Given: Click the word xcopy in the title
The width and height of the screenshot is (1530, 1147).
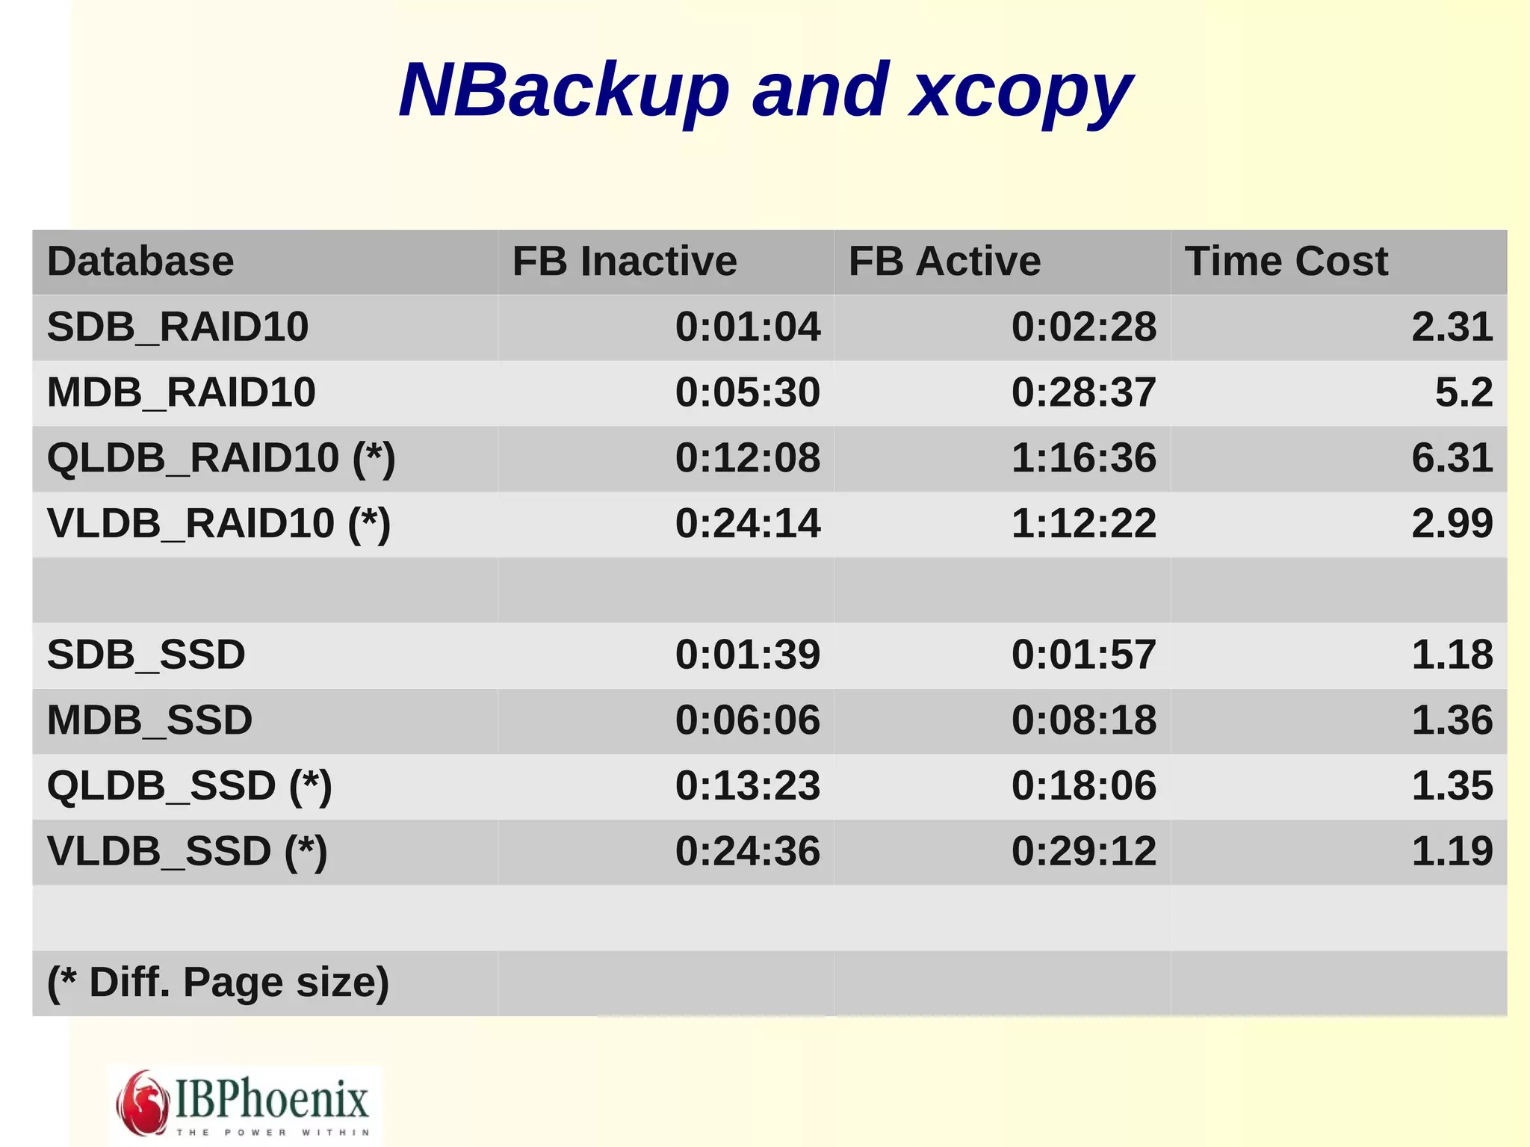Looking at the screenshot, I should (1020, 91).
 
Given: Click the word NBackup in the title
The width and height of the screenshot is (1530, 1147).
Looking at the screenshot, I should (564, 91).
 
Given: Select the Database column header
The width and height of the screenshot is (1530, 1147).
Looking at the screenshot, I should (140, 262).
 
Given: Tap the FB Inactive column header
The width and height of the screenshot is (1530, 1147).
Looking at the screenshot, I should (625, 262).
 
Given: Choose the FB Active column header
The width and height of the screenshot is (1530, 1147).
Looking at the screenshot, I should (944, 262).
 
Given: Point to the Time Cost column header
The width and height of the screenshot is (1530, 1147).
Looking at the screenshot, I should (1286, 262).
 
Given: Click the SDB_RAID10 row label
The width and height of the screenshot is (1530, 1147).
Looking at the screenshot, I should (178, 327).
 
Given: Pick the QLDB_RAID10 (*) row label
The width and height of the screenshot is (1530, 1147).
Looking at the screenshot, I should (221, 457).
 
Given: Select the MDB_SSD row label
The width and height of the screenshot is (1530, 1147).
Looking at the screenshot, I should (149, 720).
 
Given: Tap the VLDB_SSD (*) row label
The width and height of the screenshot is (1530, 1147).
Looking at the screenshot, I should (187, 851).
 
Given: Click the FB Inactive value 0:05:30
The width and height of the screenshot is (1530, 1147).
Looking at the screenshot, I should (747, 392).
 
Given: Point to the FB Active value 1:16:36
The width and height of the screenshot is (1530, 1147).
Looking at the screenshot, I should (1083, 457).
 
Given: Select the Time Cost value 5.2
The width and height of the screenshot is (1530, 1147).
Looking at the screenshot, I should (1464, 392).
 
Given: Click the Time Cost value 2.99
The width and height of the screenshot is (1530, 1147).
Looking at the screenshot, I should (1452, 523).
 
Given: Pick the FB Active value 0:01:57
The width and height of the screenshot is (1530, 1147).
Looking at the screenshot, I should (1083, 655).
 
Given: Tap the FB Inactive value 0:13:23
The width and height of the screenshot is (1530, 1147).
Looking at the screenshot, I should (747, 785).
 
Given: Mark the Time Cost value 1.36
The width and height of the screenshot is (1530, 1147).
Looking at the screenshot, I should (1452, 720).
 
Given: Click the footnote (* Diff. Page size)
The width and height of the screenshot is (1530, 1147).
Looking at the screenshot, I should (218, 982).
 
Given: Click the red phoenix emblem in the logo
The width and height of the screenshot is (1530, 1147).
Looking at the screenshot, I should (142, 1103).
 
